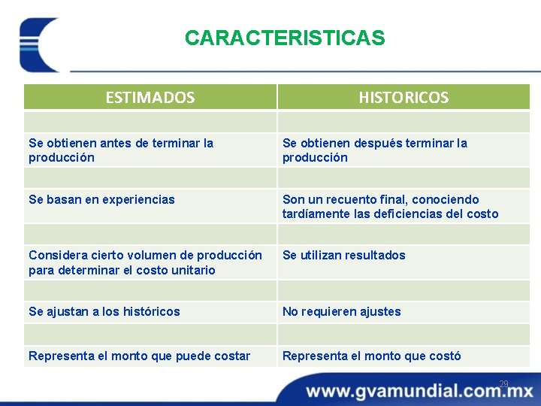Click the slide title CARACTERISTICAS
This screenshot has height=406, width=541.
point(285,38)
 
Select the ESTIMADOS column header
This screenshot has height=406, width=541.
point(150,97)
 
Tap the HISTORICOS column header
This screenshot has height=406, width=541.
point(403,97)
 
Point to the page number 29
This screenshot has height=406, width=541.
point(503,384)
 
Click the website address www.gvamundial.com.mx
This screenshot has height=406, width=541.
point(419,391)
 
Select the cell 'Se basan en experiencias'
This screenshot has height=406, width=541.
point(101,199)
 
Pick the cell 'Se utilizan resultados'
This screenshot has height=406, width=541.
point(343,256)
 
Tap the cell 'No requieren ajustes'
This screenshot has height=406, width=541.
point(341,311)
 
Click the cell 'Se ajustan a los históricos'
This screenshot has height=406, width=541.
point(104,311)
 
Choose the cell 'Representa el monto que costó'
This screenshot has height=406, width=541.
point(371,356)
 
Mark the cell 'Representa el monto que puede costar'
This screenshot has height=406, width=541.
point(139,356)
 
